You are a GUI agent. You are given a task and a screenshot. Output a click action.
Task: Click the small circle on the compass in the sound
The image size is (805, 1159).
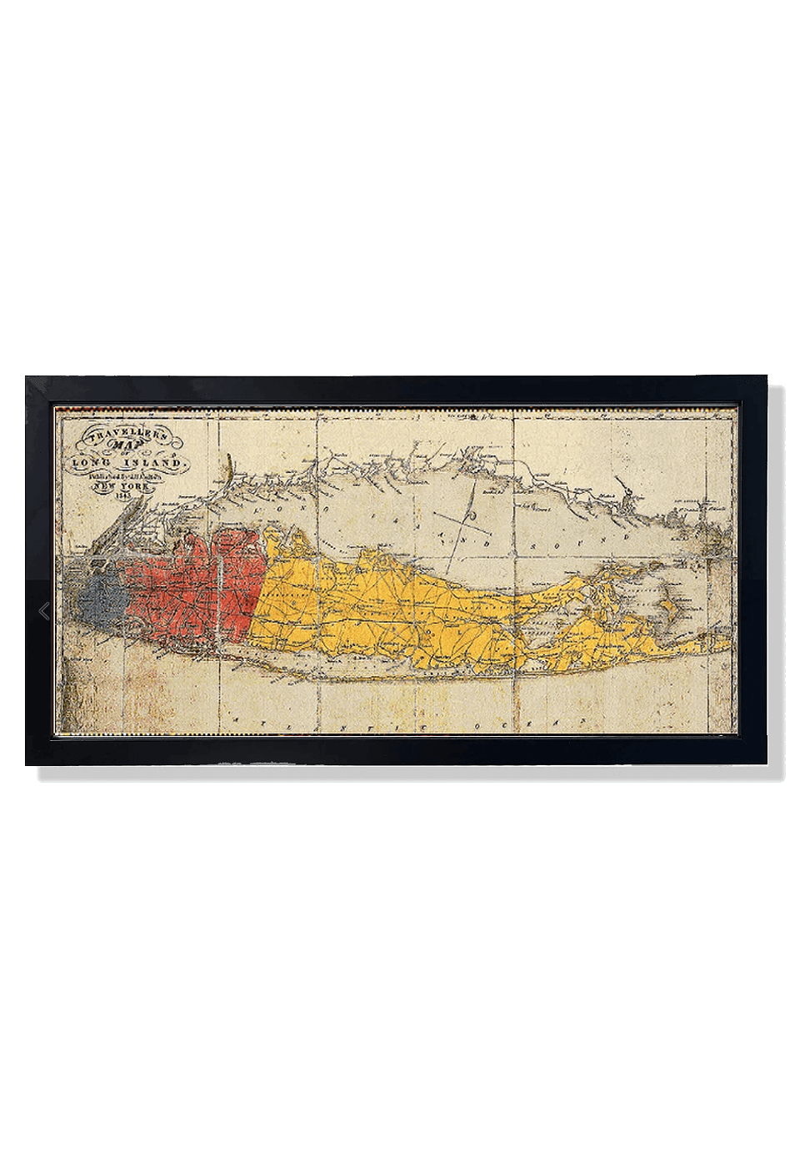472,517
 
